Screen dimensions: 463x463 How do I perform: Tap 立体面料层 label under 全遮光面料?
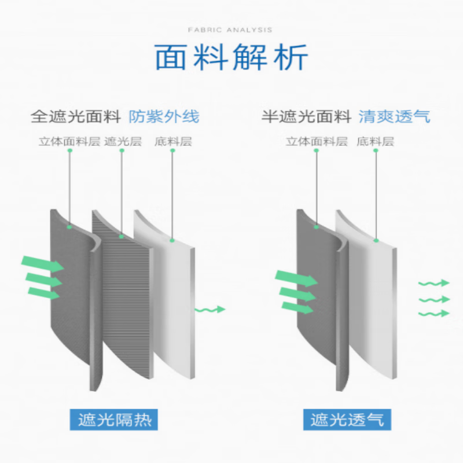(69, 141)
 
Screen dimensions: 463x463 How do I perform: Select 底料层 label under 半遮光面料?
(376, 141)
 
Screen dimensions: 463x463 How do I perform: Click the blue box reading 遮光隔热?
(114, 419)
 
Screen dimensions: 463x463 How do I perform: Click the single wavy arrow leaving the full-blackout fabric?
(210, 310)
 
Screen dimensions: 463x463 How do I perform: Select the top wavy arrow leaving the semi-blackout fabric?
(433, 283)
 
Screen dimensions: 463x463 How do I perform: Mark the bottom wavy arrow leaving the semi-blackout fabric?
(433, 313)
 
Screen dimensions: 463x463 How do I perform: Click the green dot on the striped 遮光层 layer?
(122, 237)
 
